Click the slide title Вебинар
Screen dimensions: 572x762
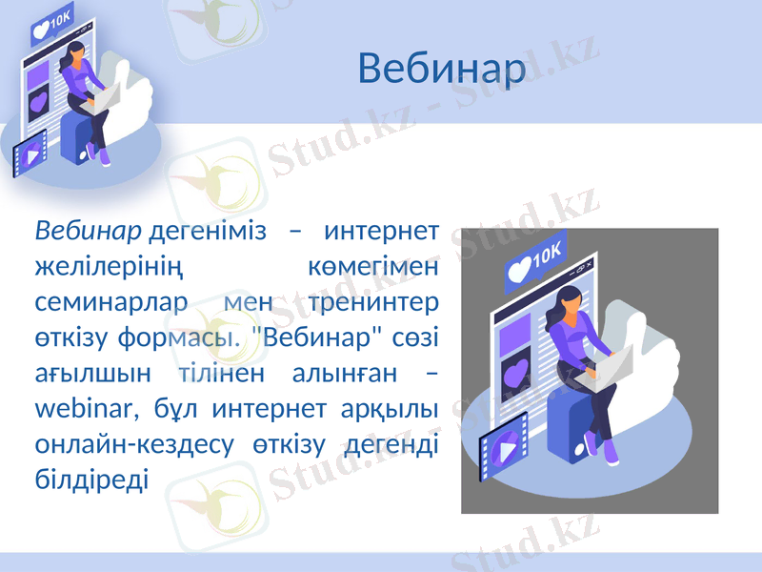(442, 69)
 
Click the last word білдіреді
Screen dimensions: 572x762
(91, 480)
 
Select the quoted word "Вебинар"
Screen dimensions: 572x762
(311, 338)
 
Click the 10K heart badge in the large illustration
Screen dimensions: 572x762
(534, 261)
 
